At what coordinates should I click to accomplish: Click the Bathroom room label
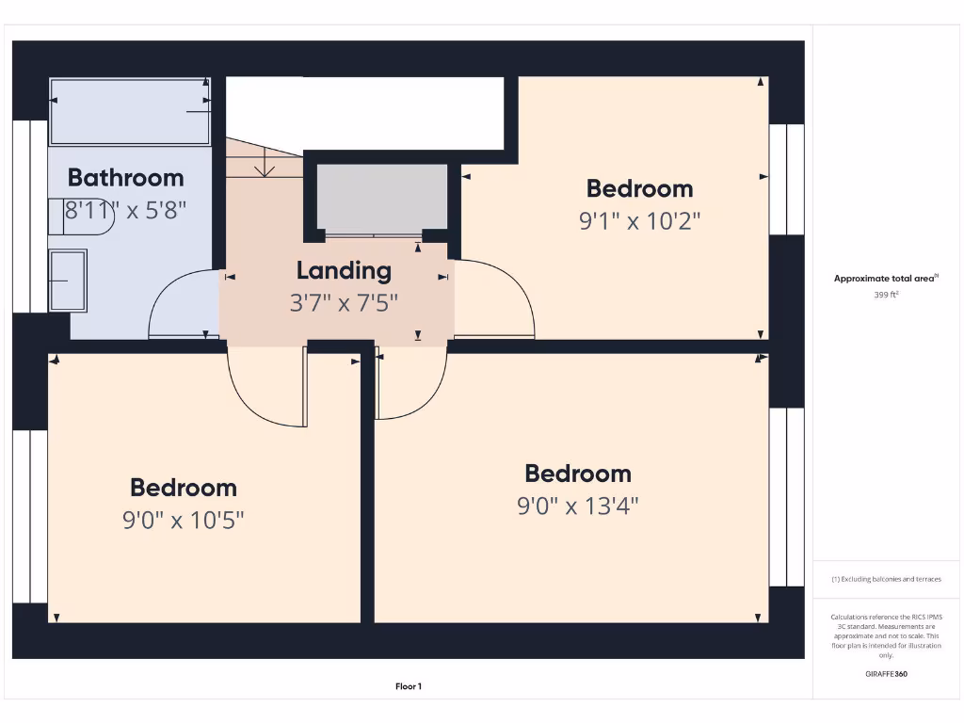(x=125, y=177)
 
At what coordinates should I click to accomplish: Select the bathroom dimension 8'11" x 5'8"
(x=125, y=209)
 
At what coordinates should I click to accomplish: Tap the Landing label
(x=344, y=271)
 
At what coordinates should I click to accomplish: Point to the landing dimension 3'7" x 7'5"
(x=344, y=303)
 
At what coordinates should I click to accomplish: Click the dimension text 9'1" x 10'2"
(x=639, y=221)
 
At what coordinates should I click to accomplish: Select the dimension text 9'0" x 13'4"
(x=577, y=506)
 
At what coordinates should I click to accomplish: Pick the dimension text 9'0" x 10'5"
(x=183, y=520)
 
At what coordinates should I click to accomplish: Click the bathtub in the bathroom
(x=129, y=111)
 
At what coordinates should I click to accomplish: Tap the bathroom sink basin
(x=68, y=280)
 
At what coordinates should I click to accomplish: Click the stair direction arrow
(x=265, y=168)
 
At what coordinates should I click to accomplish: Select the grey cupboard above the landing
(x=381, y=198)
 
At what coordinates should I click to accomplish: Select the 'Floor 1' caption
(x=408, y=687)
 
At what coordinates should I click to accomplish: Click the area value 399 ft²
(x=886, y=295)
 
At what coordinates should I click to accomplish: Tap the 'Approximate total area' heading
(x=885, y=278)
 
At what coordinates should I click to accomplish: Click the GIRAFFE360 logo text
(x=886, y=674)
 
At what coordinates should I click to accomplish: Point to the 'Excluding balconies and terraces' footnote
(x=886, y=579)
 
